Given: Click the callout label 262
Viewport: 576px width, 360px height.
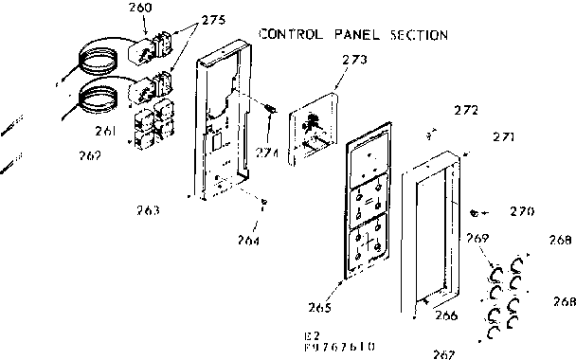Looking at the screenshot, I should [x=90, y=154].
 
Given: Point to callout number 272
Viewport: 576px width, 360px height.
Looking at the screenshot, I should [x=465, y=110].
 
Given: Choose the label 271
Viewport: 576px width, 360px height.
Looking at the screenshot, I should [x=502, y=137].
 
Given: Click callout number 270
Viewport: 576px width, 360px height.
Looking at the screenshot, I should [x=522, y=211].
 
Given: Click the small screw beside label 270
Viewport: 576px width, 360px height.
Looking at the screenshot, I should [x=475, y=211].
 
